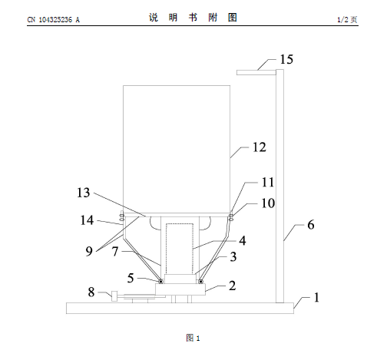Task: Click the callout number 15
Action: [286, 59]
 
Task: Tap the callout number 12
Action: [260, 147]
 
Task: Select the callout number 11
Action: [268, 182]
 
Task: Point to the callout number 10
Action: [268, 203]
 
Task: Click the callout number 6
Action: [311, 225]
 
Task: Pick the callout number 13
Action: [84, 193]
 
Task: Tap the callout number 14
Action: [87, 220]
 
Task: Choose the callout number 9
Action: [89, 251]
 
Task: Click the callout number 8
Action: [91, 292]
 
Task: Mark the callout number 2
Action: [232, 286]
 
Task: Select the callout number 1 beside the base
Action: [316, 297]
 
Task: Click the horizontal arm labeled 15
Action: [256, 72]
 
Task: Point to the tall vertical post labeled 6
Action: [279, 186]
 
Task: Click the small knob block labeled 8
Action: [114, 296]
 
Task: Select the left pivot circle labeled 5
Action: [160, 282]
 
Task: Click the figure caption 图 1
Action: [193, 338]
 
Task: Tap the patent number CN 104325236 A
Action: [54, 20]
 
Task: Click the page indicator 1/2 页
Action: [347, 19]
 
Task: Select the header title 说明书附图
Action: [193, 18]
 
